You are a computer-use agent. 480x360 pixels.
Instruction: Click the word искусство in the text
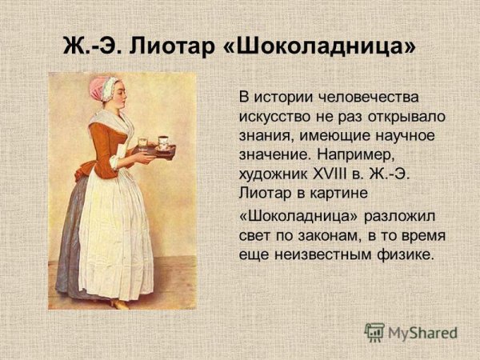coord(275,116)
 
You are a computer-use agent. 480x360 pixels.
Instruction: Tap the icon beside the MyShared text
coord(374,332)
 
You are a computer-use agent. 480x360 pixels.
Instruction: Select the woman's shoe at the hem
coord(119,303)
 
